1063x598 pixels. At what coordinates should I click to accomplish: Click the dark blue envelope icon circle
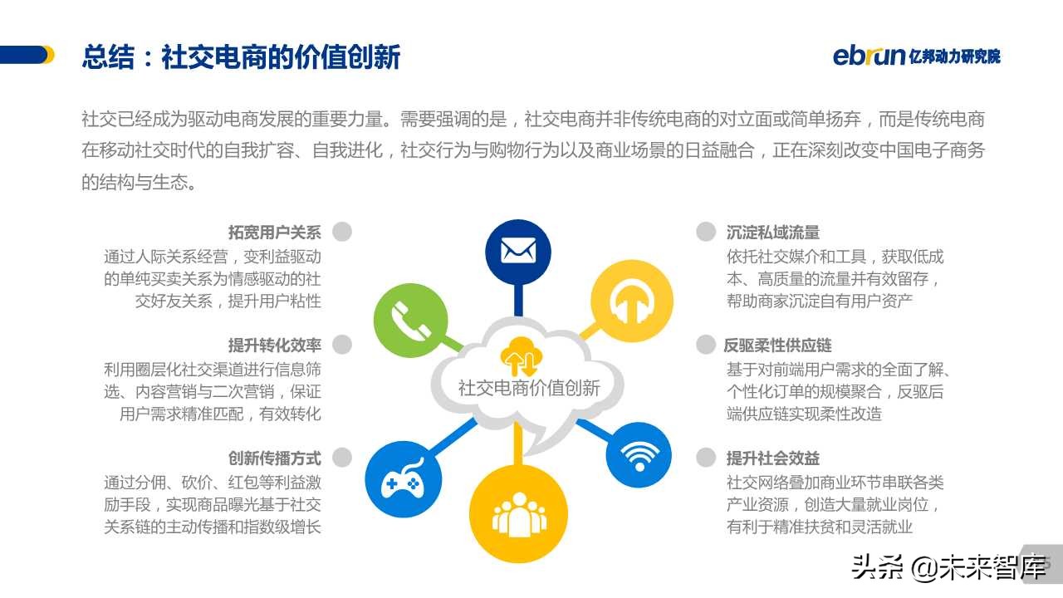pos(518,252)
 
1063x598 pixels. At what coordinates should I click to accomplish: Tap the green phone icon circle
pos(410,320)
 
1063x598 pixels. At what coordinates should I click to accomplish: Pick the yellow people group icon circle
pos(519,514)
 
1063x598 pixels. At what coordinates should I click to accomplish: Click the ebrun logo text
pos(869,56)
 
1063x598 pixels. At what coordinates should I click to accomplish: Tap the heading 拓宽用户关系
pos(274,233)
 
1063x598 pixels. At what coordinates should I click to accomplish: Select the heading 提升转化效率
pos(274,346)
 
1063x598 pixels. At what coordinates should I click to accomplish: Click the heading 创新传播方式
pos(274,458)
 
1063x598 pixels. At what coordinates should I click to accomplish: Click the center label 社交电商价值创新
pos(529,388)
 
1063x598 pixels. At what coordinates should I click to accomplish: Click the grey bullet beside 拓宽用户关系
pos(342,232)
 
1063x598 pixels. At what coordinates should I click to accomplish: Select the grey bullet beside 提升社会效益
pos(706,457)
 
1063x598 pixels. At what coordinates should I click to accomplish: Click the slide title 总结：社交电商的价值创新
pos(241,56)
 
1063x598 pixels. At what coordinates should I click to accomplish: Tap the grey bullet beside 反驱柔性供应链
pos(706,345)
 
